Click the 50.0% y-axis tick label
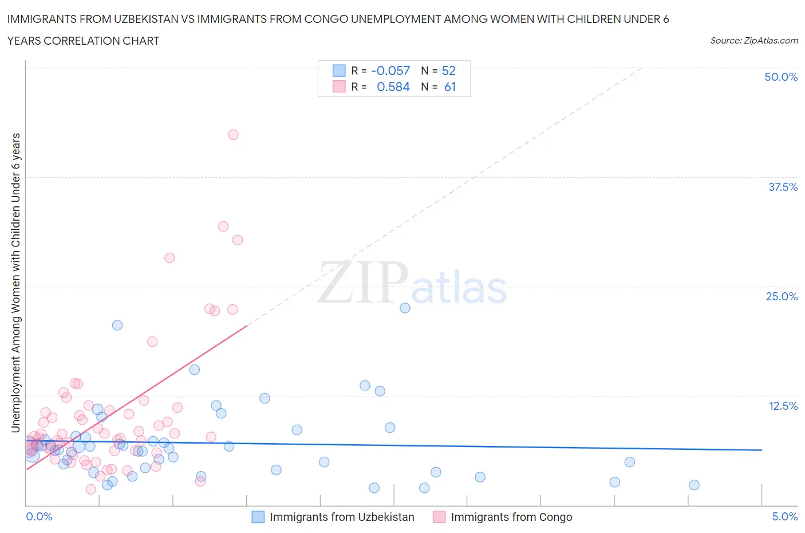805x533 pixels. coord(781,77)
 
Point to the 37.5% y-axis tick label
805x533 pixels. coord(783,187)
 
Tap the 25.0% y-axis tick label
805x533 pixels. coord(782,296)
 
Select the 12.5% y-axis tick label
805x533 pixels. coord(783,406)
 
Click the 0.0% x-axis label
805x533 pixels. coord(39,516)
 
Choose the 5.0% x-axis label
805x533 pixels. coord(784,516)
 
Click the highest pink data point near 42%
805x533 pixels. coord(233,135)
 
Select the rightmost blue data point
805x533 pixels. coord(694,485)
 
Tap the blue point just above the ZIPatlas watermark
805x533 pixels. coord(405,308)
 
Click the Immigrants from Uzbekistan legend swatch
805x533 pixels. coord(258,517)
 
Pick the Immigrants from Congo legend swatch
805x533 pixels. coord(439,517)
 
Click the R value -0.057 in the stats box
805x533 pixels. coord(390,70)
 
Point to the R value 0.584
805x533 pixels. coord(393,87)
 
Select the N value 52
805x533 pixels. coord(449,70)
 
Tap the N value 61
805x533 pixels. coord(450,87)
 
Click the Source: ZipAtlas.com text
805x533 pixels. coord(753,40)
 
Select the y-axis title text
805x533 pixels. coord(15,283)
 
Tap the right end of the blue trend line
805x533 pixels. coord(761,450)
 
